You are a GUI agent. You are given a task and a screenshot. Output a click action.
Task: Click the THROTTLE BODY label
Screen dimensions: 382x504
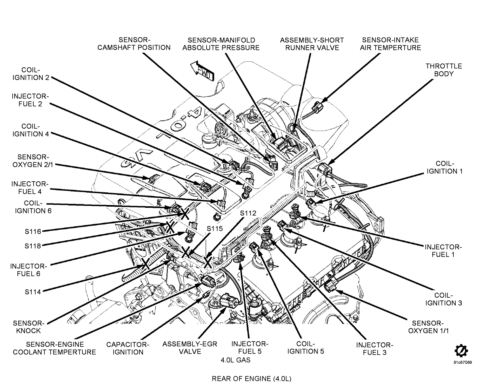[x=443, y=70]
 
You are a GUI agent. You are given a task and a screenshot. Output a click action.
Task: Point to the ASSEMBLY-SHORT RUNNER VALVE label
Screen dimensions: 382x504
[x=312, y=44]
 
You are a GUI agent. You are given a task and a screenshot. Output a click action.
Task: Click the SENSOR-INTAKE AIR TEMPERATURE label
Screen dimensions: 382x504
[x=391, y=44]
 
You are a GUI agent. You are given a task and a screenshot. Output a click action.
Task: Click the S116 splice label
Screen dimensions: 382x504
[x=32, y=231]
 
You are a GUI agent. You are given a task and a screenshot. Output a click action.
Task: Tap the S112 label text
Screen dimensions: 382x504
[x=248, y=213]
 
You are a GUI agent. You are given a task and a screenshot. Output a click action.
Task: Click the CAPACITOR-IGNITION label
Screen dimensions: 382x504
[x=127, y=348]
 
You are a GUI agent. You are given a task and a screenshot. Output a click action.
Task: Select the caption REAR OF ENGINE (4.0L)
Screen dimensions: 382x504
[x=251, y=378]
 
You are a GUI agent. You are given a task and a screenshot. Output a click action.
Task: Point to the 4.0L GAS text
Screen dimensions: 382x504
[x=236, y=360]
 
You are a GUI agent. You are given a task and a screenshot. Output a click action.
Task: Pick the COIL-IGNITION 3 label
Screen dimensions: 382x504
[x=444, y=299]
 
